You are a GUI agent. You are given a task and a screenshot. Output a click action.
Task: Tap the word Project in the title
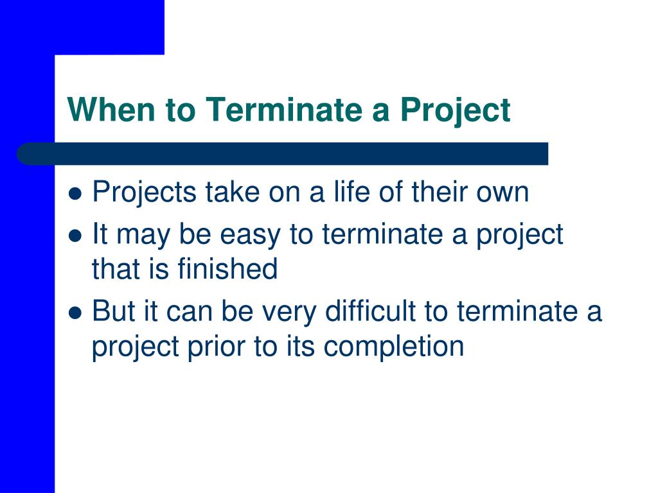(456, 110)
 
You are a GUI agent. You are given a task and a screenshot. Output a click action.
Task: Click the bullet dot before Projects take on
(75, 194)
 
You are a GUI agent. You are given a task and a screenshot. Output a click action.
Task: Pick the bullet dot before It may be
(75, 236)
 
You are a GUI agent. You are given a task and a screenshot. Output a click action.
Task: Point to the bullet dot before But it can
(75, 313)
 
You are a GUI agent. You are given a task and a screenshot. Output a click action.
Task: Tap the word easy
(250, 236)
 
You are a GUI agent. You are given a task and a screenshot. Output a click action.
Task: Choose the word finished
(228, 269)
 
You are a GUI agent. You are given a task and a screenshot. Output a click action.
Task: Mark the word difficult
(371, 311)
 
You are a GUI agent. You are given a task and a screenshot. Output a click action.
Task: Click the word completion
(394, 347)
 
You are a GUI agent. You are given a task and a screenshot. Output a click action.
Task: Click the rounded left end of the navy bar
(17, 154)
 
